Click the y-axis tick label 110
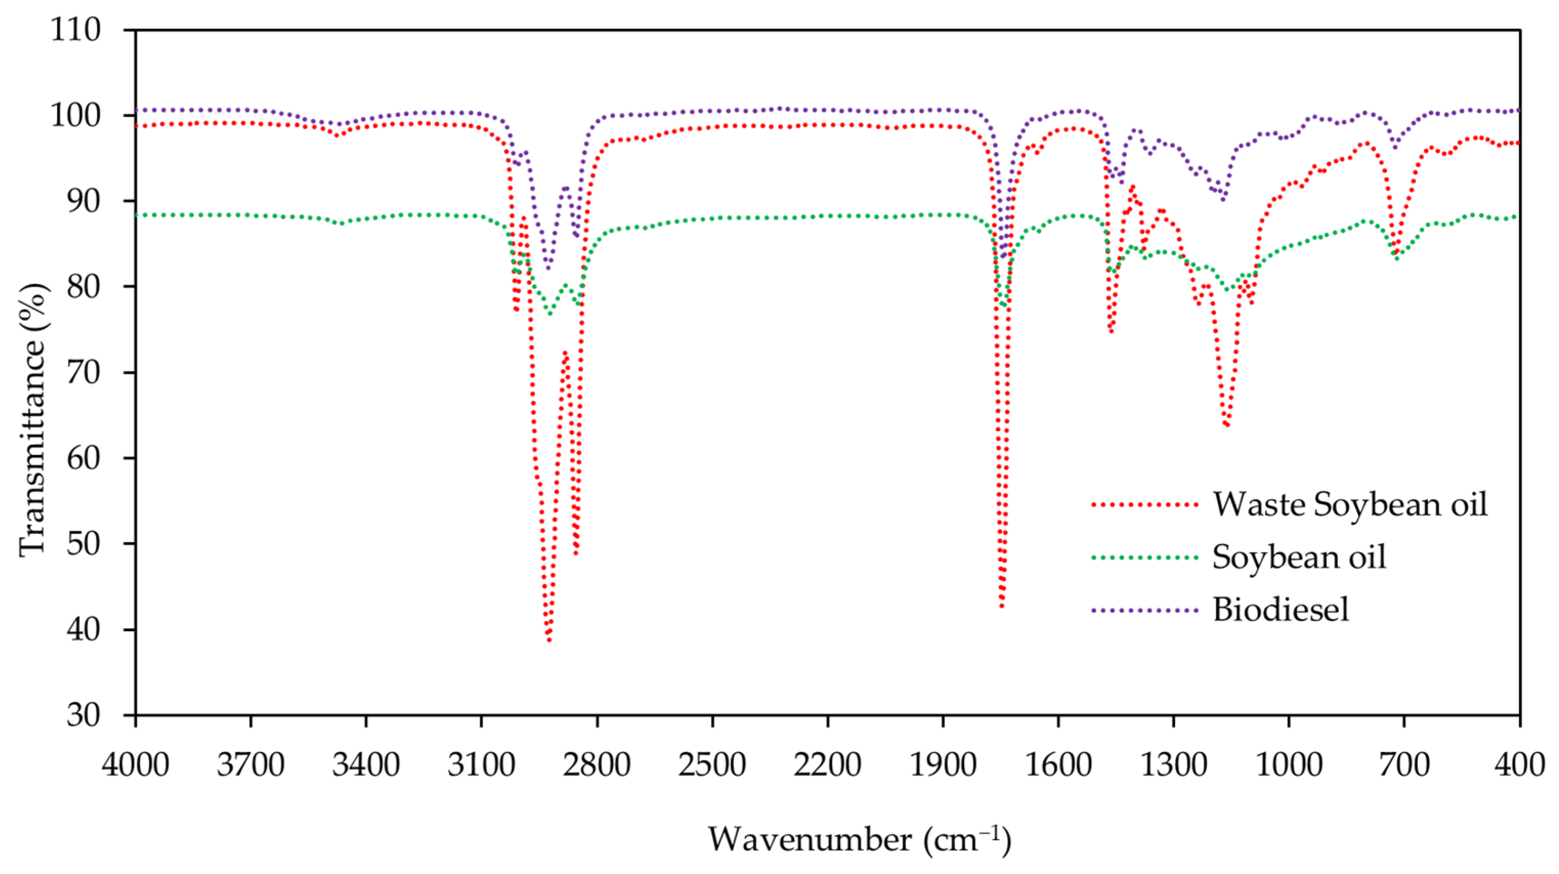coord(75,30)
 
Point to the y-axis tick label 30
coord(83,715)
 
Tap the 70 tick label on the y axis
coord(83,372)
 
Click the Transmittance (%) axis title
coord(31,419)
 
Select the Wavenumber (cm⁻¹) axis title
coord(859,840)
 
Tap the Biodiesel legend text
coord(1281,609)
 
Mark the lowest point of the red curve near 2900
coord(549,640)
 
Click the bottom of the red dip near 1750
coord(1002,606)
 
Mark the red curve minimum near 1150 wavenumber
coord(1227,425)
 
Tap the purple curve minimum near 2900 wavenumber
coord(548,268)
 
